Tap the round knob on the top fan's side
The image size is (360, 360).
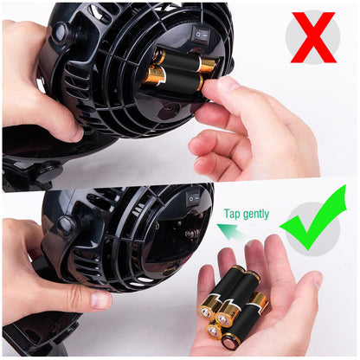pos(62,33)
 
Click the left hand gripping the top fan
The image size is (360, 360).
pos(35,78)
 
